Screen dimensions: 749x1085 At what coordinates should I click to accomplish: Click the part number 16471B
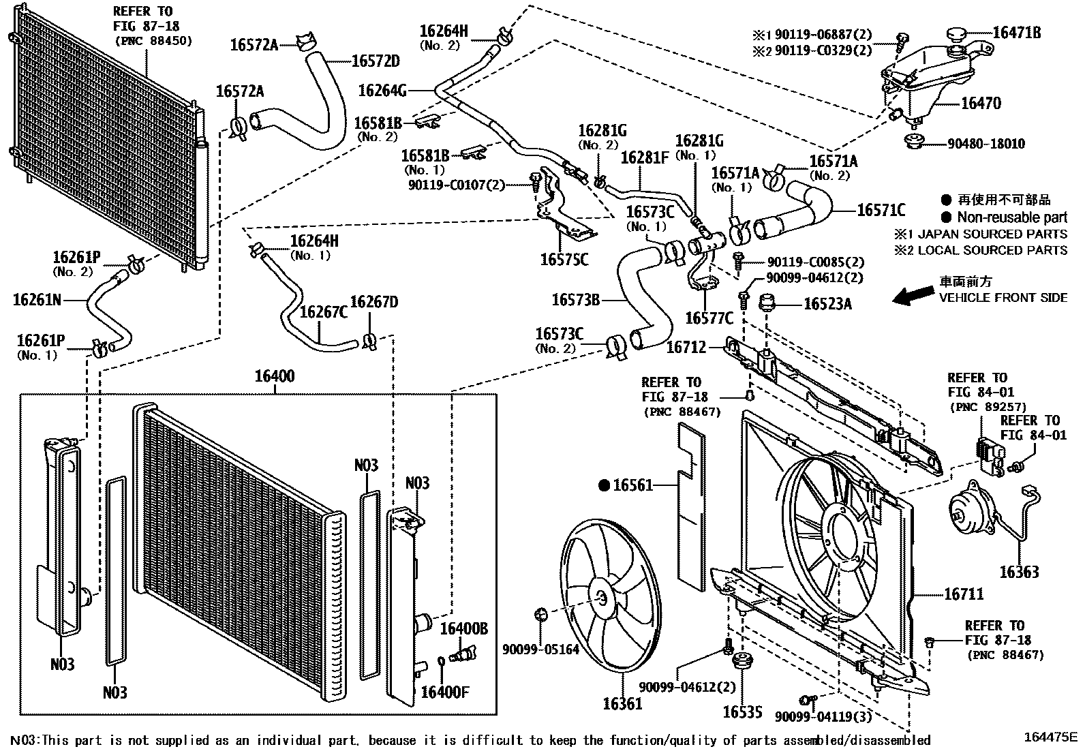coord(1016,32)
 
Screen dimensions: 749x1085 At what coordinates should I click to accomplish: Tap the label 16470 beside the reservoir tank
coord(981,104)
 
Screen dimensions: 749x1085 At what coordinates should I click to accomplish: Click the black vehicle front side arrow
coord(913,294)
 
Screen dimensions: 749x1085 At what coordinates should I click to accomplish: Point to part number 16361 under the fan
coord(622,703)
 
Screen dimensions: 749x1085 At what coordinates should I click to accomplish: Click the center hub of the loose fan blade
coord(600,597)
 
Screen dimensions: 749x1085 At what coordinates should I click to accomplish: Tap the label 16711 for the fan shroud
coord(964,594)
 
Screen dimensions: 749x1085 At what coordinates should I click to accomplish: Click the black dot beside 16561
coord(603,485)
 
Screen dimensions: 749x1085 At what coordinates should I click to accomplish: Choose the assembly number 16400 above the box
coord(275,376)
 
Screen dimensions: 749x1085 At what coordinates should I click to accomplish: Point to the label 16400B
coord(463,628)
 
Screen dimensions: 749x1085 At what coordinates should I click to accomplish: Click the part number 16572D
coord(376,61)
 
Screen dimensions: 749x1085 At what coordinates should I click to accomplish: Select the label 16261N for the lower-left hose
coord(37,299)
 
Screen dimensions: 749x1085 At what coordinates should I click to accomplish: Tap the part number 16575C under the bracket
coord(564,260)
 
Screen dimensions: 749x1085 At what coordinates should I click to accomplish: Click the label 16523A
coord(827,304)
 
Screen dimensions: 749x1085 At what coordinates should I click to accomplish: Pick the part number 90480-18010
coord(985,144)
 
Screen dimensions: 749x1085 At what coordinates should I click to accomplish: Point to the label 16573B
coord(576,299)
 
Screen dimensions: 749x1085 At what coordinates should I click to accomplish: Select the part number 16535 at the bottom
coord(742,713)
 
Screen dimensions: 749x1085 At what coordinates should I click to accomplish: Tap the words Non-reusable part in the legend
coord(1011,217)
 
